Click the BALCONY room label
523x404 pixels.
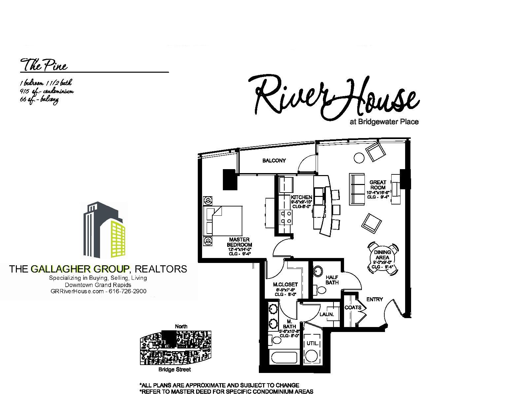click(x=274, y=161)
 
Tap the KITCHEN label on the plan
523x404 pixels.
click(x=301, y=197)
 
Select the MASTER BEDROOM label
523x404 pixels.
click(x=238, y=242)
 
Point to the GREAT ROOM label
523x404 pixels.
click(x=378, y=185)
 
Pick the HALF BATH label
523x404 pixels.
click(x=332, y=280)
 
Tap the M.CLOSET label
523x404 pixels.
click(x=285, y=284)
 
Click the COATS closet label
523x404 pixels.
click(x=353, y=308)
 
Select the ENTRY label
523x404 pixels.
click(x=374, y=299)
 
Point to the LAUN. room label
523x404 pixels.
click(x=327, y=314)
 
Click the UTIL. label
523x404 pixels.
click(x=312, y=344)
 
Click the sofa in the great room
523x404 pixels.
click(x=357, y=189)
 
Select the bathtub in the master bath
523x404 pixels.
click(x=284, y=358)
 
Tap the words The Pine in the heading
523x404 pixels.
click(x=44, y=65)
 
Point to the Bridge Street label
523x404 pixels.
click(x=174, y=370)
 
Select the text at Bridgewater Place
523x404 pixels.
click(x=384, y=122)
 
